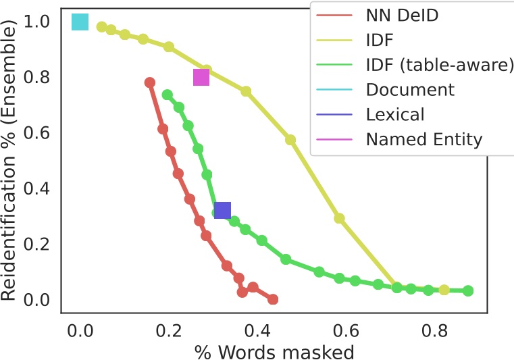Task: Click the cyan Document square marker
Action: (x=80, y=22)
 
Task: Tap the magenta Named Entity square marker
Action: (x=201, y=78)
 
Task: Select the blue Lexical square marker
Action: (x=222, y=211)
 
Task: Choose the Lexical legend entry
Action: (x=395, y=115)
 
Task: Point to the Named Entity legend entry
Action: (x=424, y=140)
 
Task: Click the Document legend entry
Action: (x=410, y=90)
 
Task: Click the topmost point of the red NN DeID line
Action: (x=150, y=82)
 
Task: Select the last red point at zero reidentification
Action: (x=273, y=299)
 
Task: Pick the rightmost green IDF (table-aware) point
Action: (x=468, y=291)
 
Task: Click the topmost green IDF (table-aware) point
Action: (x=168, y=95)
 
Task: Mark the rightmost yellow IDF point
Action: (x=444, y=290)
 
